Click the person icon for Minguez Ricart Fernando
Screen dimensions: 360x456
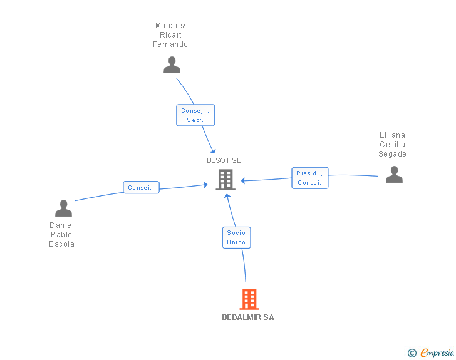(172, 65)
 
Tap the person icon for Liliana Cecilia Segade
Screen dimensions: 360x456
(394, 174)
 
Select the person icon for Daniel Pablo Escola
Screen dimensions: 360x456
(63, 208)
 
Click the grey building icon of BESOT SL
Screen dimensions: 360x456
(225, 180)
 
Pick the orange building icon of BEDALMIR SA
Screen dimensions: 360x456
(249, 299)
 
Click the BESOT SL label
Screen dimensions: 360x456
(224, 160)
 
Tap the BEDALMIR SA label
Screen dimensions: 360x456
(248, 317)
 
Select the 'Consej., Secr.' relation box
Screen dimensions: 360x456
(195, 115)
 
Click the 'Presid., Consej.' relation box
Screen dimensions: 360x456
(309, 178)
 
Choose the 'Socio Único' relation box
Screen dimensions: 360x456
(237, 237)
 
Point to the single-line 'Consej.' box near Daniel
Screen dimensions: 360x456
(141, 187)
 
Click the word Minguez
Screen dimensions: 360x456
(170, 26)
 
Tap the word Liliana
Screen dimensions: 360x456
(393, 135)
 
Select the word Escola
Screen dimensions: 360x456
(62, 244)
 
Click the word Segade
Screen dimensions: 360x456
(393, 154)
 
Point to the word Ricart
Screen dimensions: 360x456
(170, 35)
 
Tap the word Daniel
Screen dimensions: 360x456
(62, 225)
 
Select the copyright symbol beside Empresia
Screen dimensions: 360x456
(412, 353)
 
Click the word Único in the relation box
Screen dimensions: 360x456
(237, 242)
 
